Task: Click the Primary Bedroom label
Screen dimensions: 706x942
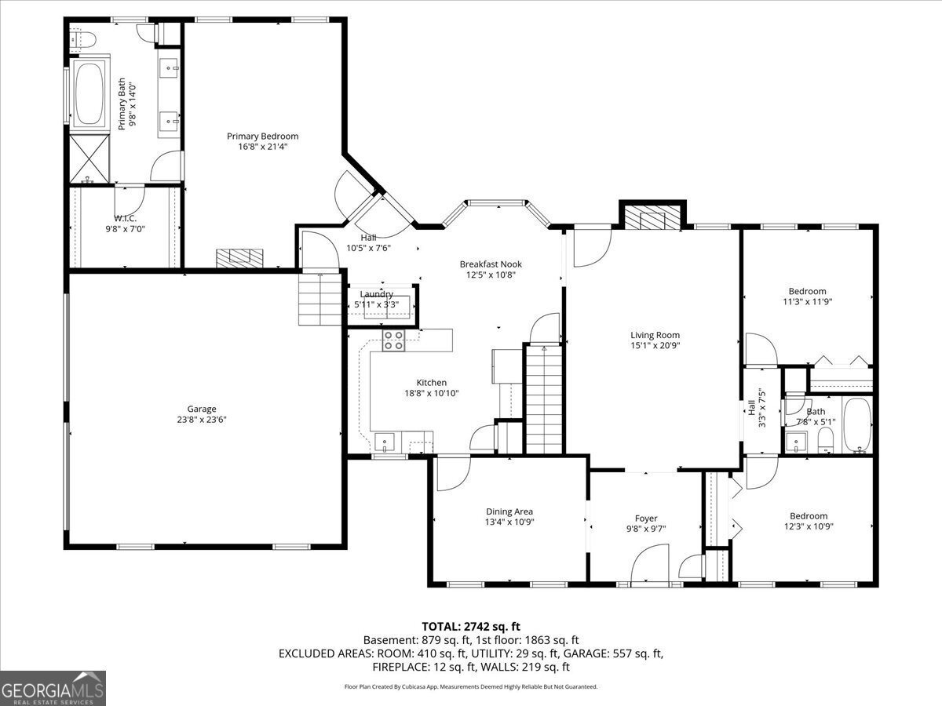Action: pos(263,136)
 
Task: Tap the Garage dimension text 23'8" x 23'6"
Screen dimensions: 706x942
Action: pos(202,419)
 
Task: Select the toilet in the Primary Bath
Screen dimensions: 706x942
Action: pos(82,38)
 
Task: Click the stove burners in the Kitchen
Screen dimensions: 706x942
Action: pos(393,340)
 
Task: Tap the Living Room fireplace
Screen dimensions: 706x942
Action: pos(653,219)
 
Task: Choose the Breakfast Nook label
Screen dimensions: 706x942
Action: pos(491,264)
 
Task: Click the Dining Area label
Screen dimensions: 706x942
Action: pos(509,511)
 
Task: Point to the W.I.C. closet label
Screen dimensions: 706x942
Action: pos(125,218)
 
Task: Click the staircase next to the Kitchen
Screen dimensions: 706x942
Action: pos(544,399)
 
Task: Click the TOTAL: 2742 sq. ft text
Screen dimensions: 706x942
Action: pos(471,626)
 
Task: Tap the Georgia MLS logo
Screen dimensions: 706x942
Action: pos(53,688)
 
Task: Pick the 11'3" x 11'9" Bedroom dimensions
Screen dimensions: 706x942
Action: pos(808,301)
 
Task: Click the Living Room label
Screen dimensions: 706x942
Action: pos(655,335)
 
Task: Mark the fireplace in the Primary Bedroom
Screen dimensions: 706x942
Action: pos(241,259)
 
